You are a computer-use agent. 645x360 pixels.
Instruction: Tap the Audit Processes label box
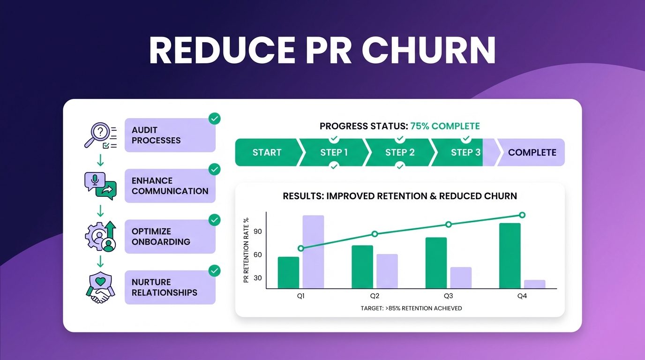[170, 135]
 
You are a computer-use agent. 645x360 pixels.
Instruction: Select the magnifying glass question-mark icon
[100, 135]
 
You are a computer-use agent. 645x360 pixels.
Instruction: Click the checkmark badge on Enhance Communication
[214, 169]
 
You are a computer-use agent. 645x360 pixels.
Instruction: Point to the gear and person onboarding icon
[100, 237]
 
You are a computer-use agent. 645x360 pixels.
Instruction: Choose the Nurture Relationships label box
[170, 287]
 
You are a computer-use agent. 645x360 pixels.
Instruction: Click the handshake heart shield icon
[100, 287]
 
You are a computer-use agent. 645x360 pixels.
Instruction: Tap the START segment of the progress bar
[267, 152]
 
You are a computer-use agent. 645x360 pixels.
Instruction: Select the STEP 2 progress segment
[400, 152]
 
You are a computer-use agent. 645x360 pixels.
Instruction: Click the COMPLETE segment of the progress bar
[532, 152]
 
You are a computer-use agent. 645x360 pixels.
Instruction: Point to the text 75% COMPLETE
[445, 126]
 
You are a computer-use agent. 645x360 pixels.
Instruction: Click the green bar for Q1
[288, 273]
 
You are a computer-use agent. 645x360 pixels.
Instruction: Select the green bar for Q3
[436, 263]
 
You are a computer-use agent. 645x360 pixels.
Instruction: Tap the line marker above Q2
[375, 234]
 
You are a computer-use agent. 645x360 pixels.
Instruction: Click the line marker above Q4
[522, 215]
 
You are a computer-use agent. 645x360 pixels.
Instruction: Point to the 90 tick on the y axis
[257, 232]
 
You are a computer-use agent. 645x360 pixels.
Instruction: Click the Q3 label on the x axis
[448, 296]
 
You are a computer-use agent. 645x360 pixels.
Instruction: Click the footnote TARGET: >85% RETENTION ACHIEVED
[411, 308]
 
